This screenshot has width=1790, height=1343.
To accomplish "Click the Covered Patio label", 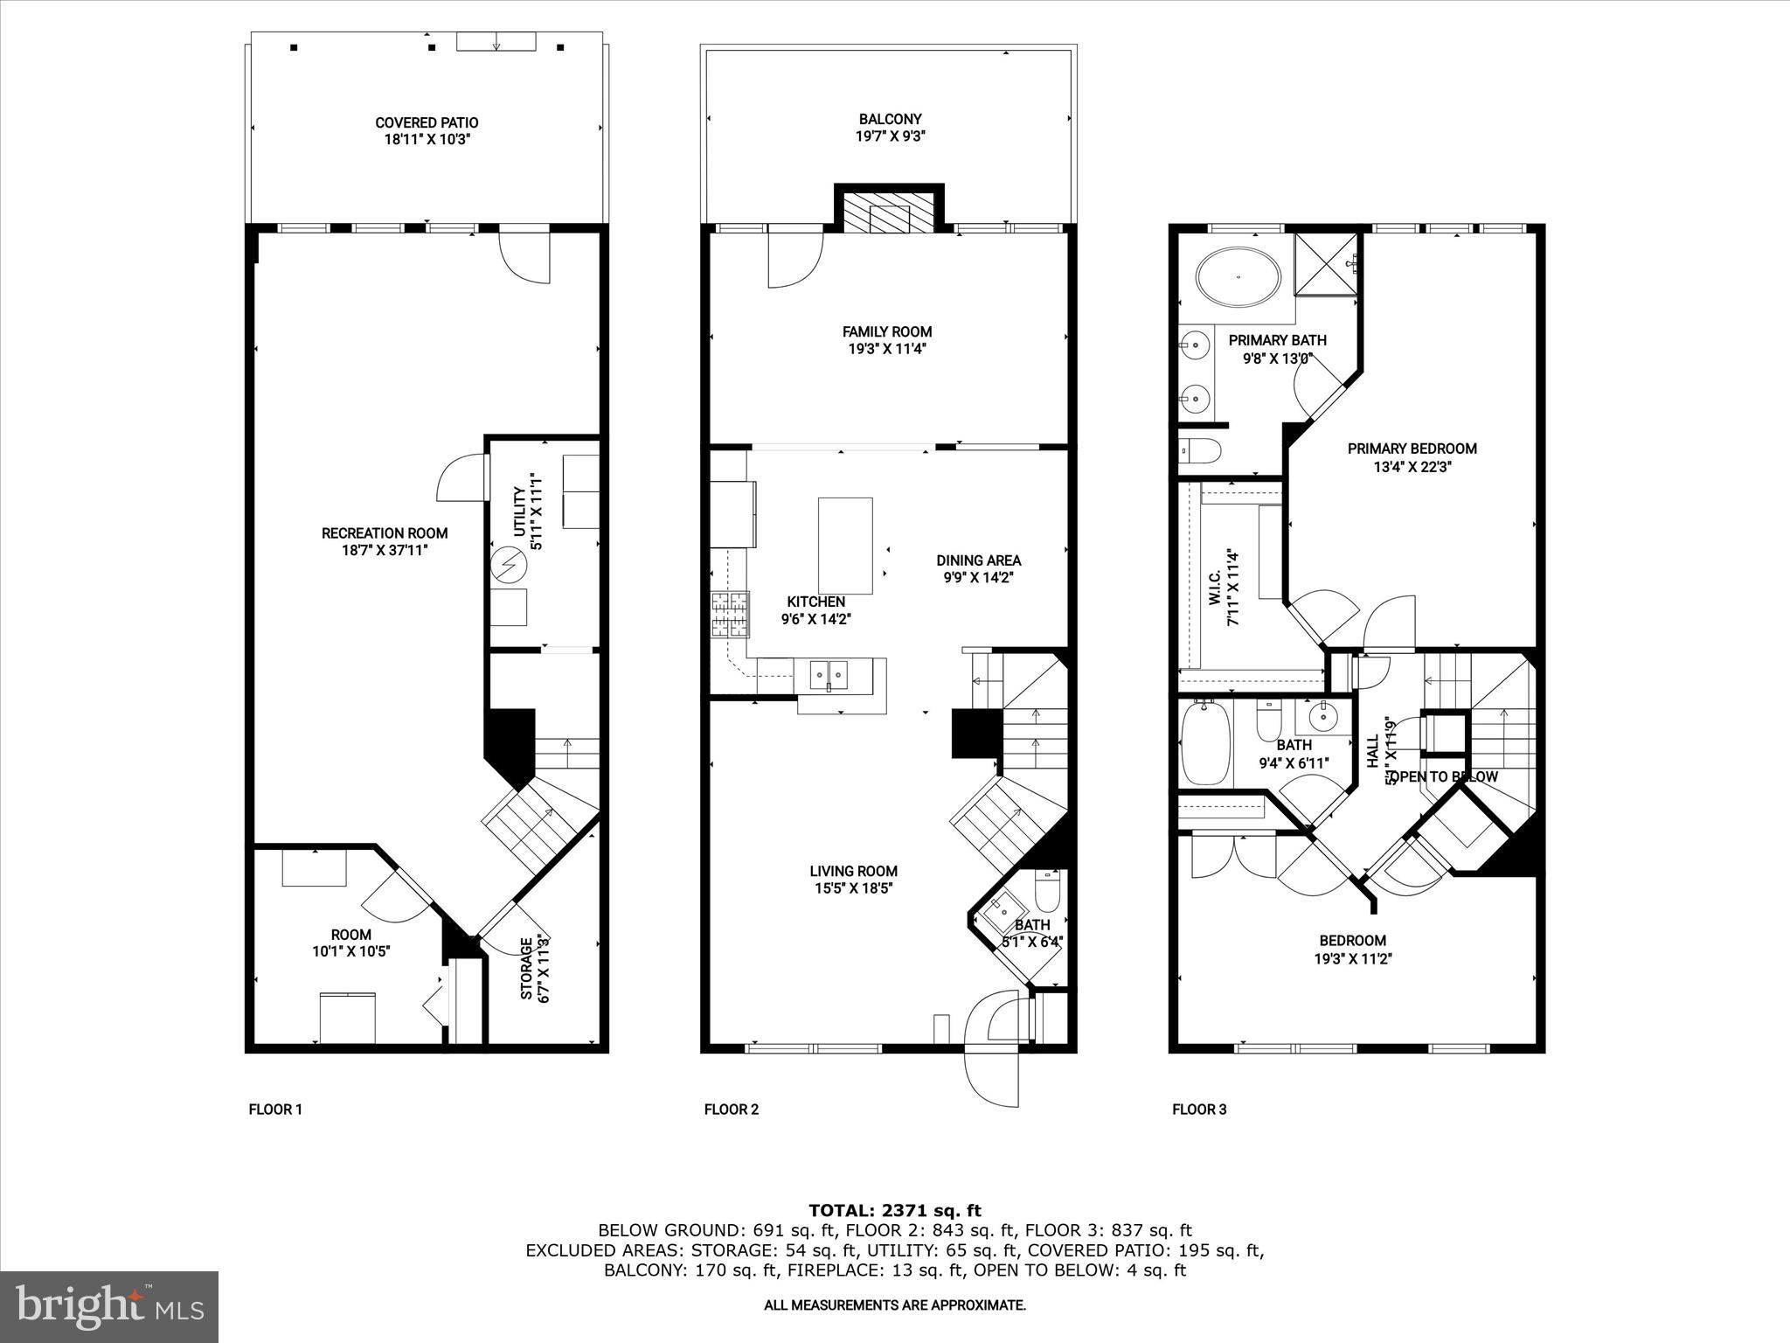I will coord(427,123).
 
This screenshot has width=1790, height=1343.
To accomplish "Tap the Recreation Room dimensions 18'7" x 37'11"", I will coord(385,551).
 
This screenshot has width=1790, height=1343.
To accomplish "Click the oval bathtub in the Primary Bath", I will coord(1238,278).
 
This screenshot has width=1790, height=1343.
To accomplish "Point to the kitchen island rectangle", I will coord(845,546).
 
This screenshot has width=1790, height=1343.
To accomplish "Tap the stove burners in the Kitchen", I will coord(731,613).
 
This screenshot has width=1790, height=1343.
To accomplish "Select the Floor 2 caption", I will coord(732,1110).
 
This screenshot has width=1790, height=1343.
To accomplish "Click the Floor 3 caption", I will coord(1199,1110).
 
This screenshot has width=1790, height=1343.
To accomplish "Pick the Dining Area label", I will coord(978,560).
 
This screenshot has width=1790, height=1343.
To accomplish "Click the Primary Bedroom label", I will coord(1412,449).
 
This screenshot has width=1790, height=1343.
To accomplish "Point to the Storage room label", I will coord(527,969).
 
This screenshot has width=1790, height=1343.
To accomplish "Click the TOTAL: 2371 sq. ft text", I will coord(894,1211).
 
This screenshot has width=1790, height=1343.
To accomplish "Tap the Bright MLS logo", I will coord(109,1307).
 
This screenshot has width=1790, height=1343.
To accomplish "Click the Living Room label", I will coord(853,871).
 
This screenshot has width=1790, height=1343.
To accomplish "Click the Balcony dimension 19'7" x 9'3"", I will coord(890,136).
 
